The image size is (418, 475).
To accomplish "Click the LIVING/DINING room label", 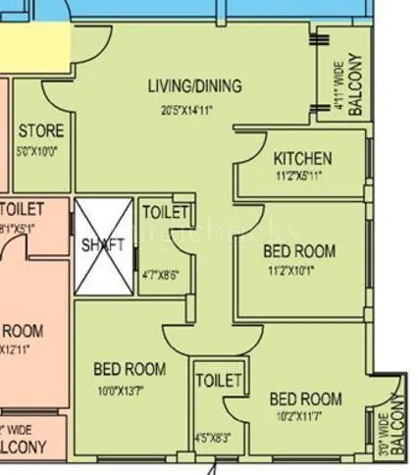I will point(194,86).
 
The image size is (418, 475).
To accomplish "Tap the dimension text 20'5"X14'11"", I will point(194,110).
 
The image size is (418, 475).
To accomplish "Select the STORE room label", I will point(41,131).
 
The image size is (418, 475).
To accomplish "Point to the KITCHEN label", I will point(302,158).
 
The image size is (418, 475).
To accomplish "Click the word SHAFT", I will point(104,245).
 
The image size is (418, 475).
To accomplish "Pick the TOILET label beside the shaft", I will point(164,212).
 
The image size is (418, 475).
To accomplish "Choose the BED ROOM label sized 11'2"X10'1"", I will point(299,251).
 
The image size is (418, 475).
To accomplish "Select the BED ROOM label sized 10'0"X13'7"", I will point(130,370).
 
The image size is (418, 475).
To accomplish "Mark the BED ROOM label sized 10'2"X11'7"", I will point(306,398).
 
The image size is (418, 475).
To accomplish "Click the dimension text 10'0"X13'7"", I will point(129,391).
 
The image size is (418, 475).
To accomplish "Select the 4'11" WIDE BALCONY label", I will point(350,86).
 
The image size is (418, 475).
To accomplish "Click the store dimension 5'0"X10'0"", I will point(40,151).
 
